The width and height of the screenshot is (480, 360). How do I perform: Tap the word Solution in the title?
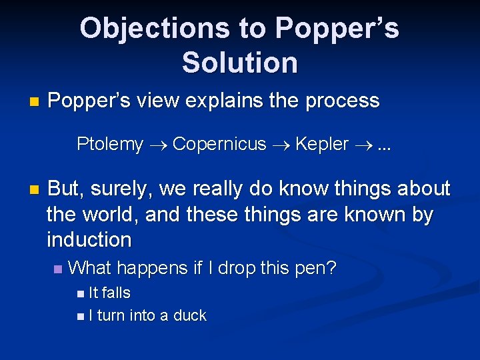[239, 62]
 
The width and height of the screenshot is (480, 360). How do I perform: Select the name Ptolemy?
[110, 144]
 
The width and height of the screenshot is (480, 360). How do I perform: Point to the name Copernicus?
[219, 144]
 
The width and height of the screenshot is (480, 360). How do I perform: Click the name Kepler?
[321, 144]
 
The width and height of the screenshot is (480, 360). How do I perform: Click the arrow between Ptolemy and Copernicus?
[157, 145]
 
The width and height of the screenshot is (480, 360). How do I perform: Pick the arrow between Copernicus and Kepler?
[280, 145]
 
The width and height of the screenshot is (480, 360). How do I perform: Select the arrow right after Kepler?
[362, 145]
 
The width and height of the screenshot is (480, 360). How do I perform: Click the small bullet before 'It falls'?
[81, 293]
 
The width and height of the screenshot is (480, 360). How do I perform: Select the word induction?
[89, 239]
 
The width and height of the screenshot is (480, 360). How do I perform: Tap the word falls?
[115, 293]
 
